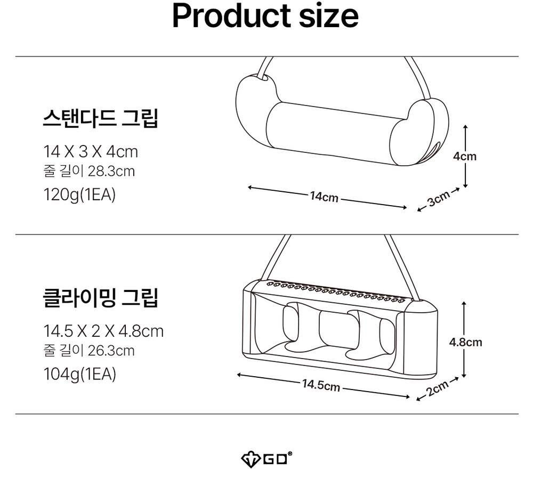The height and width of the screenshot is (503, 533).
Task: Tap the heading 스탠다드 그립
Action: [x=100, y=118]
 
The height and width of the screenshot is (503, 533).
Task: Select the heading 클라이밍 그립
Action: [x=100, y=298]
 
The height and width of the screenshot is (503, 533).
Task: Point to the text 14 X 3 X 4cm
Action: [x=90, y=152]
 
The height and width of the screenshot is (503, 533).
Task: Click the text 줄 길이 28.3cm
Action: [x=88, y=172]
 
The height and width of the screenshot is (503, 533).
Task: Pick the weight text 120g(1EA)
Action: [x=79, y=194]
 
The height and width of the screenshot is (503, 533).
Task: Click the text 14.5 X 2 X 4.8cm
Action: [x=103, y=331]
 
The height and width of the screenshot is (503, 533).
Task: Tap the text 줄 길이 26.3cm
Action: [x=88, y=351]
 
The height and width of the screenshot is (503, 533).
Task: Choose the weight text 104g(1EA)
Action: [x=79, y=374]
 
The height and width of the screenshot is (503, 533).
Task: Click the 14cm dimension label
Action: [x=324, y=197]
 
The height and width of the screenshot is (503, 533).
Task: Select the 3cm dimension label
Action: [x=438, y=199]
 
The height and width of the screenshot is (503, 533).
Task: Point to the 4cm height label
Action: [x=465, y=156]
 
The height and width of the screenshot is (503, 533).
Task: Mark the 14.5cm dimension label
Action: [x=321, y=385]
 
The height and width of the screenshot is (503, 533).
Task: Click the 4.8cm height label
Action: [x=465, y=342]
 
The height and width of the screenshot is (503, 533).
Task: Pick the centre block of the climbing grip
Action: [x=333, y=330]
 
